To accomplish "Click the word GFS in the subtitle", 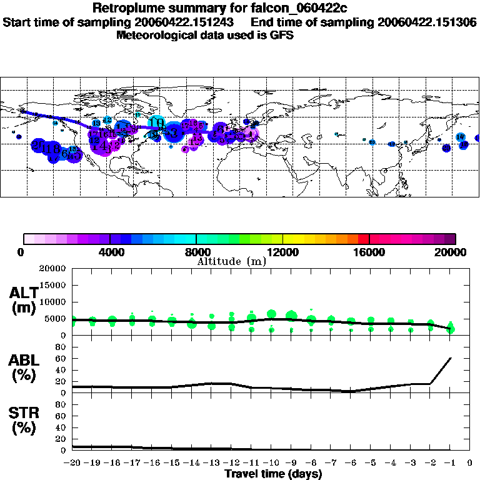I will pos(281,35).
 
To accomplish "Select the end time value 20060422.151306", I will pos(427,22).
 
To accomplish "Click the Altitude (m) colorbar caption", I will pos(231,261).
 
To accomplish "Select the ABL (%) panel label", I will pos(24,367).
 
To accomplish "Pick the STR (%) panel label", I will pos(24,420).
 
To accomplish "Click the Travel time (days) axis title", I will pos(273,474).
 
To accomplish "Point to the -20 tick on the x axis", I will pos(72,463).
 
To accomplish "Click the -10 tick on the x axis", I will pos(271,463).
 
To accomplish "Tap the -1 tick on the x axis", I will pos(450,463).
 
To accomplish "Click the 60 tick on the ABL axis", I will pos(61,358).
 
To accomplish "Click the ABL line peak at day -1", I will pos(451,358).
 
